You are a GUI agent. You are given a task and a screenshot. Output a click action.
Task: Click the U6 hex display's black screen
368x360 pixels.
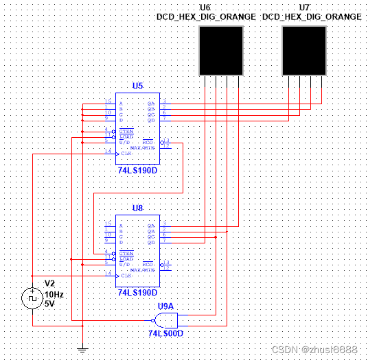click(219, 49)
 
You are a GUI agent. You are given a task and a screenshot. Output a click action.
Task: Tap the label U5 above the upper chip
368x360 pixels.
click(138, 86)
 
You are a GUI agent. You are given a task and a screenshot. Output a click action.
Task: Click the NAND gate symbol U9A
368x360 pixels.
click(165, 320)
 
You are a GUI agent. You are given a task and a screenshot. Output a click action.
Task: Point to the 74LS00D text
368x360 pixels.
click(167, 334)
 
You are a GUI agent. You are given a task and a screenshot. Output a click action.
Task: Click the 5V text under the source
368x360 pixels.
click(50, 303)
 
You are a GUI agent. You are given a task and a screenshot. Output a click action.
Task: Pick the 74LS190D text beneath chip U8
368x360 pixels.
click(137, 291)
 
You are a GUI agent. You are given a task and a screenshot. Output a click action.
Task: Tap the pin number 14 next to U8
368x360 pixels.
click(108, 273)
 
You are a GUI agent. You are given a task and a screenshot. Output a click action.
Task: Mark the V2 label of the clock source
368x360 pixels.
click(49, 283)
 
